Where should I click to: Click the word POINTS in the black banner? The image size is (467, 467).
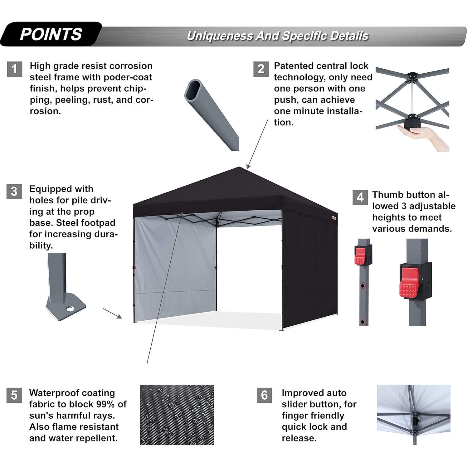(x=51, y=34)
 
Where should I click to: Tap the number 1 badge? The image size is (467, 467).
(x=14, y=69)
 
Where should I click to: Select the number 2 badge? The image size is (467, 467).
(x=261, y=69)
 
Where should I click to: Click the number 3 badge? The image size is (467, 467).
(x=14, y=191)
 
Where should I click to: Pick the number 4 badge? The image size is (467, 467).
(x=360, y=197)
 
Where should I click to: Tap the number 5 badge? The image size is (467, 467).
(x=14, y=395)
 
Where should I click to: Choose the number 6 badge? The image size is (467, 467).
(x=264, y=395)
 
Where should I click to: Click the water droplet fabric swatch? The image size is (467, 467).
(x=177, y=415)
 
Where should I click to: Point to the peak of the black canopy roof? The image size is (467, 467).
(x=240, y=168)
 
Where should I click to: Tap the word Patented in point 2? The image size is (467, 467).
(x=294, y=66)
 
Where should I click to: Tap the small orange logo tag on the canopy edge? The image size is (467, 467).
(x=334, y=217)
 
